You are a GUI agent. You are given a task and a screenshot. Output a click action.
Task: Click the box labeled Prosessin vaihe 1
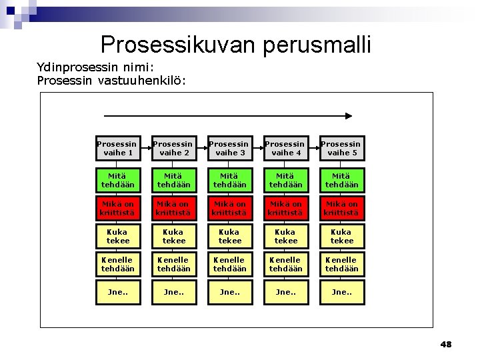click(118, 148)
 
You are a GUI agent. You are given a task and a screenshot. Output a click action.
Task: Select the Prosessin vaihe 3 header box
click(230, 148)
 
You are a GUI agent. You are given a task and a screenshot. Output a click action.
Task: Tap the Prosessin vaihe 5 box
click(342, 148)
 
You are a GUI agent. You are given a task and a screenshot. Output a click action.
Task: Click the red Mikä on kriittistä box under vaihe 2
click(174, 209)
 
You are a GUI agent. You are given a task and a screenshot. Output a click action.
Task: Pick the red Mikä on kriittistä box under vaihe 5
click(342, 209)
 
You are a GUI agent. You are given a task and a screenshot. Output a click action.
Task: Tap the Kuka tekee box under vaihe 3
click(230, 236)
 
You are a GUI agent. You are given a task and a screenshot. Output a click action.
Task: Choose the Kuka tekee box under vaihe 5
click(342, 236)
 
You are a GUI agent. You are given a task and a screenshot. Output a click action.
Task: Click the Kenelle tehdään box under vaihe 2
click(174, 264)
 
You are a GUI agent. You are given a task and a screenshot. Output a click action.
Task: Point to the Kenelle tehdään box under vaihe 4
click(286, 264)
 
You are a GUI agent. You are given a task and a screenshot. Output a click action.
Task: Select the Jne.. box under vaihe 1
click(118, 292)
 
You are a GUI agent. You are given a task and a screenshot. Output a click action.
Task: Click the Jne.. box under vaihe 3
click(230, 292)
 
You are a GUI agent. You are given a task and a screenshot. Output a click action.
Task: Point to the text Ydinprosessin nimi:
click(96, 67)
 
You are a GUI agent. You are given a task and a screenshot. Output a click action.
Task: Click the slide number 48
click(445, 345)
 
